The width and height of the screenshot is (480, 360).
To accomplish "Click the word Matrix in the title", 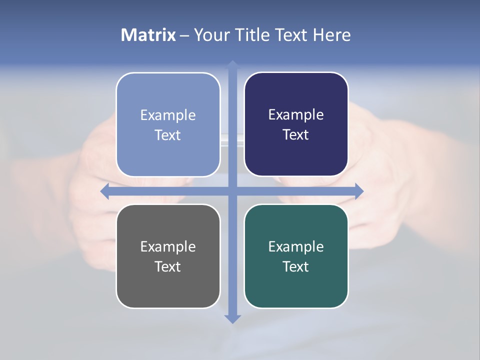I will pyautogui.click(x=148, y=35).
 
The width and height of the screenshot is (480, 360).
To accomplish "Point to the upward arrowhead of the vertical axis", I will pyautogui.click(x=232, y=64).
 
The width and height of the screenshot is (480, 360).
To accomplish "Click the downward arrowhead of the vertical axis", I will pyautogui.click(x=232, y=319).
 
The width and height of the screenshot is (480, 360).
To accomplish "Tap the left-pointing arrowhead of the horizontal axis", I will pyautogui.click(x=105, y=191).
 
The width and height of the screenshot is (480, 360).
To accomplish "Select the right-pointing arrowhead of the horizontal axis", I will pyautogui.click(x=359, y=191).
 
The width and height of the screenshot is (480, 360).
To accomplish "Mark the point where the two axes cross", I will pyautogui.click(x=232, y=191).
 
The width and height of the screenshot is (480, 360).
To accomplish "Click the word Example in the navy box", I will pyautogui.click(x=296, y=115).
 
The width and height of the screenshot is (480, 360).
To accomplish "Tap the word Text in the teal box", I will pyautogui.click(x=296, y=267).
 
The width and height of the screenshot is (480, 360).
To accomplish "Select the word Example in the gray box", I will pyautogui.click(x=168, y=247).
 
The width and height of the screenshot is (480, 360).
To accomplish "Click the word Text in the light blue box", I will pyautogui.click(x=168, y=135).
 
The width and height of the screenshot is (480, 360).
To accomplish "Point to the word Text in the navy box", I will pyautogui.click(x=296, y=135).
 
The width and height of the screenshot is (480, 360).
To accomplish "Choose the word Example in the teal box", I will pyautogui.click(x=296, y=247).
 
